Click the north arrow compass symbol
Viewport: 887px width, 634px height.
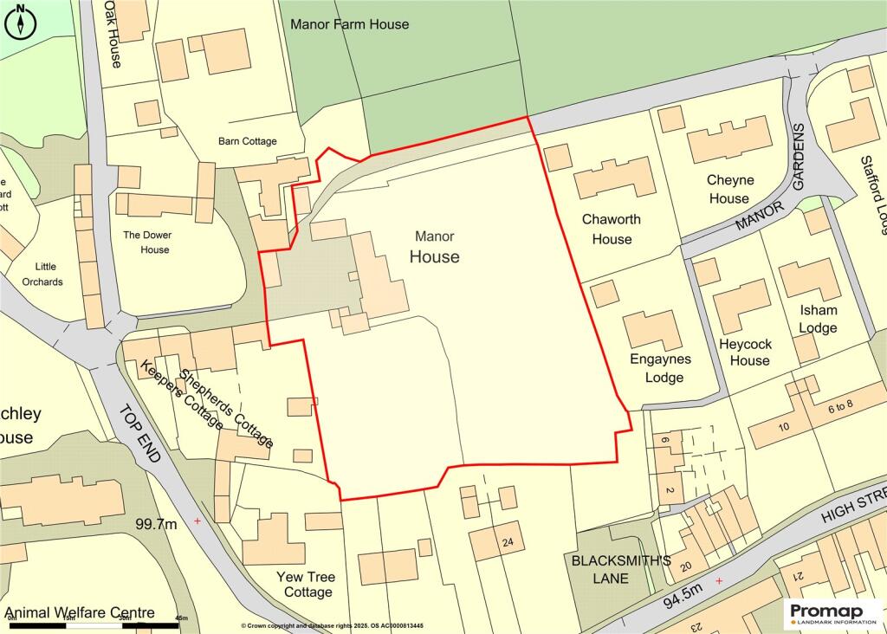tap(20, 21)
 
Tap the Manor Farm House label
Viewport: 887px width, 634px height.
tap(349, 24)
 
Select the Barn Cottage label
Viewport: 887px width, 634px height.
tap(248, 141)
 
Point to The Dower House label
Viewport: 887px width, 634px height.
tap(146, 243)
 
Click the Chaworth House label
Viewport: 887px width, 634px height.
tap(611, 229)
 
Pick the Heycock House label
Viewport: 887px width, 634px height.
tap(744, 352)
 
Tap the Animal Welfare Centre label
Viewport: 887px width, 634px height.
tap(80, 613)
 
